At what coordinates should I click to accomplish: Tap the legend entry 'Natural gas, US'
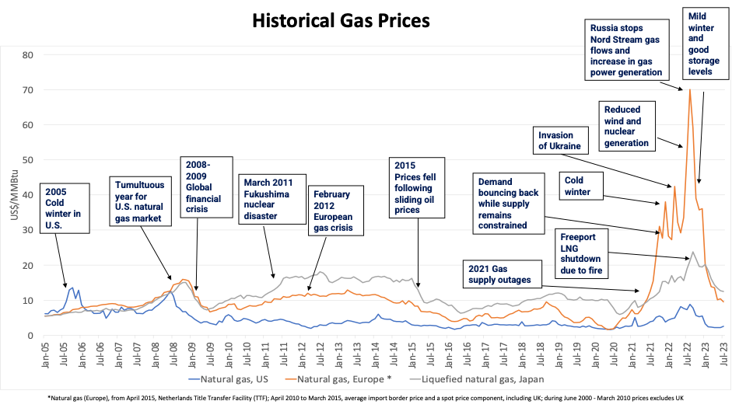coord(229,380)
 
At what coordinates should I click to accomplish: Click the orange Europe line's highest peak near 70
coord(689,89)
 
